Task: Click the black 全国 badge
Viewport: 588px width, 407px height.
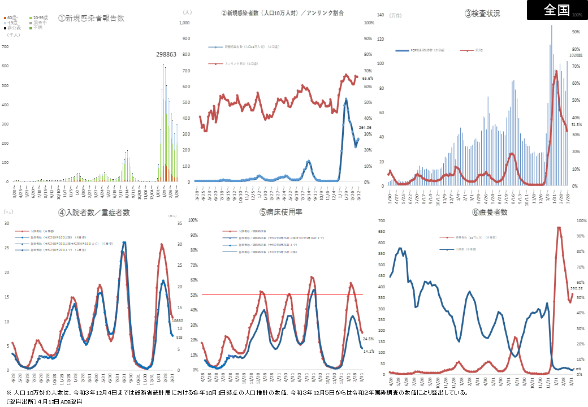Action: (x=557, y=10)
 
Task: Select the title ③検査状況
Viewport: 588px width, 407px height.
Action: (x=482, y=13)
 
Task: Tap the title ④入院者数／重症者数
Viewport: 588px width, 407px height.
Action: (x=94, y=213)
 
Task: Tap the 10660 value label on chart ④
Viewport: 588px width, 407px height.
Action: (x=178, y=321)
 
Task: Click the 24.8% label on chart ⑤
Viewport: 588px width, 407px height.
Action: (x=368, y=339)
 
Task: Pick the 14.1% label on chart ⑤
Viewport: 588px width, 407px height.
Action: (x=368, y=351)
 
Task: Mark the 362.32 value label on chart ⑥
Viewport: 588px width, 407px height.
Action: (x=576, y=288)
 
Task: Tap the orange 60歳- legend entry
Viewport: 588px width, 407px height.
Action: (x=12, y=18)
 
